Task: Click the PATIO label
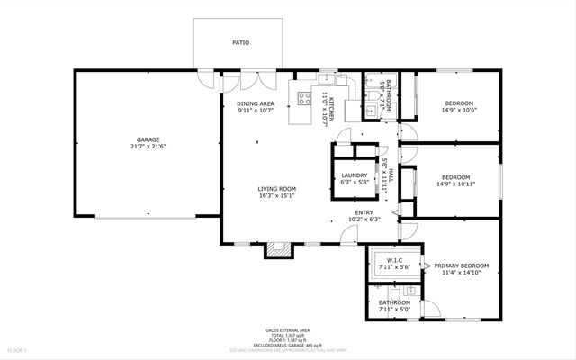point(240,42)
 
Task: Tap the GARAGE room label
point(148,139)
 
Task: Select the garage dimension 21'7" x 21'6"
point(148,147)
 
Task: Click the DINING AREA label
point(256,103)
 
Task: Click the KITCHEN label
point(330,109)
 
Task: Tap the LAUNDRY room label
point(353,175)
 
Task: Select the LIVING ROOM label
point(277,188)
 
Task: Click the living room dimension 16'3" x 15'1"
point(277,195)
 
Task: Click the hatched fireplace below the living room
point(279,249)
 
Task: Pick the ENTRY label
point(363,211)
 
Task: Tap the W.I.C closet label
point(392,261)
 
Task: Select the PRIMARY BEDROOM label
point(461,265)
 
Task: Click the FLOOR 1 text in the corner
point(17,349)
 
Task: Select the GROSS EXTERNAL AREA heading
point(287,330)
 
